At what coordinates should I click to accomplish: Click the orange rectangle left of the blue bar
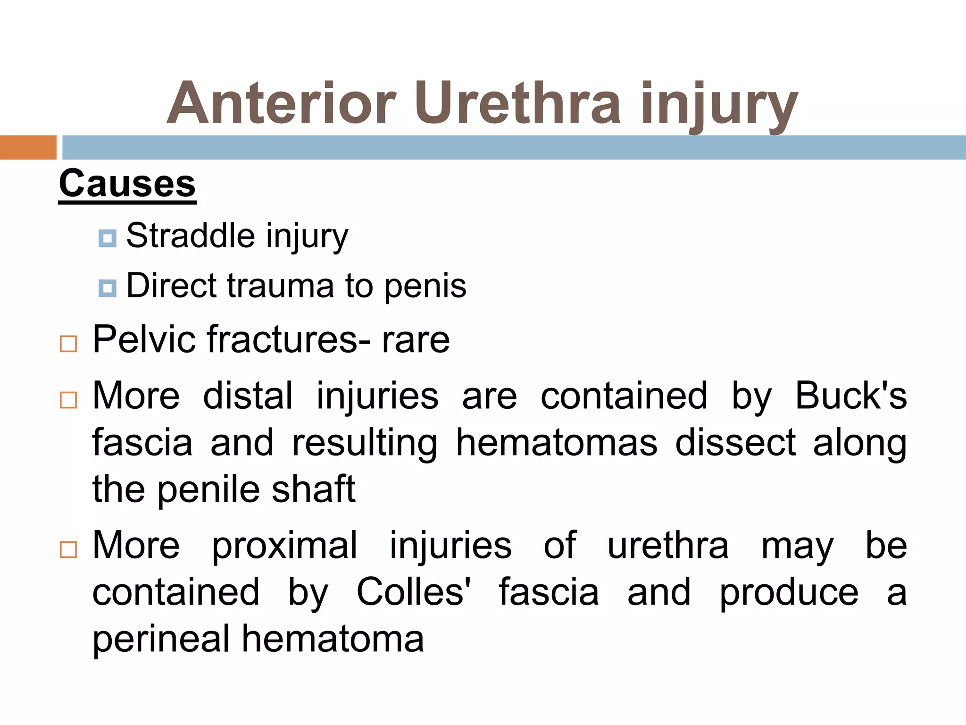pyautogui.click(x=28, y=147)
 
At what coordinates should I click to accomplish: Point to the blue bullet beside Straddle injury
pyautogui.click(x=108, y=238)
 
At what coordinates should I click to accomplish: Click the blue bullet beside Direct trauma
pyautogui.click(x=108, y=288)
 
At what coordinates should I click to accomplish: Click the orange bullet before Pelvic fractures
pyautogui.click(x=68, y=344)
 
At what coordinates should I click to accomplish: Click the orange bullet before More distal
pyautogui.click(x=68, y=400)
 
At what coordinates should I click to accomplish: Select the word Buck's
pyautogui.click(x=850, y=396)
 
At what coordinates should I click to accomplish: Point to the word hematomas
pyautogui.click(x=557, y=442)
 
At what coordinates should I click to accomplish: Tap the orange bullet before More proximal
pyautogui.click(x=68, y=549)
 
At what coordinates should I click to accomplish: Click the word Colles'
pyautogui.click(x=414, y=592)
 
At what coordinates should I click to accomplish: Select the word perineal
pyautogui.click(x=161, y=639)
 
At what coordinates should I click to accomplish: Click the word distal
pyautogui.click(x=248, y=396)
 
